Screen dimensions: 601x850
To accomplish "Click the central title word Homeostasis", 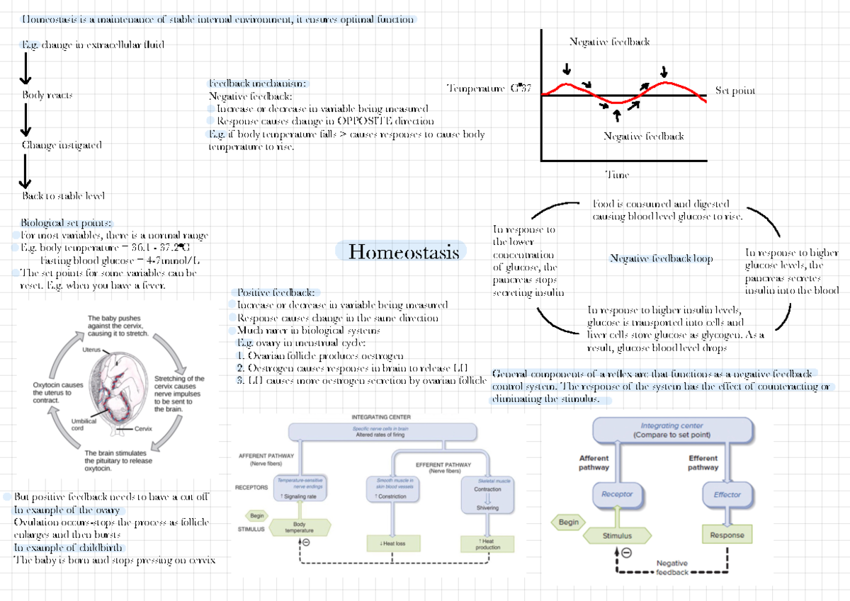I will [404, 252].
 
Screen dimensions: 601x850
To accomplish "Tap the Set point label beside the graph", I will [735, 91].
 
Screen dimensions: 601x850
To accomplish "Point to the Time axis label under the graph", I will [617, 175].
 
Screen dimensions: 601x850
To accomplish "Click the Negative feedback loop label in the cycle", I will [661, 259].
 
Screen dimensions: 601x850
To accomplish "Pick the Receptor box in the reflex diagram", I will [617, 494].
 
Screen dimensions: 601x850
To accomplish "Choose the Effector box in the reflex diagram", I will [727, 494].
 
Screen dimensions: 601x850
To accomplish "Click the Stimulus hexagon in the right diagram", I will [617, 536].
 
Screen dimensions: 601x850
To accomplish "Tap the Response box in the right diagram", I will [727, 535].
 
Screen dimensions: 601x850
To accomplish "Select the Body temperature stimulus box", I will [299, 527].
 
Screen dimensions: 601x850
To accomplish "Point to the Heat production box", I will [488, 544].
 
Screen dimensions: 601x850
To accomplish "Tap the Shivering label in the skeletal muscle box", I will [487, 508].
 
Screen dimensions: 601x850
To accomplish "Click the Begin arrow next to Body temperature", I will [257, 515].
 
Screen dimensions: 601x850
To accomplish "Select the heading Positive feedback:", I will [277, 292].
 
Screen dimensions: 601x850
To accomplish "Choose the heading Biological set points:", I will [66, 222].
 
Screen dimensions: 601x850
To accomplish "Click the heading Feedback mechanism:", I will [258, 83].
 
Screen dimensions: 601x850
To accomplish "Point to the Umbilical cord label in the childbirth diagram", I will [83, 424].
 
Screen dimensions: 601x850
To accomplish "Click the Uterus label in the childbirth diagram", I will [91, 350].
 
